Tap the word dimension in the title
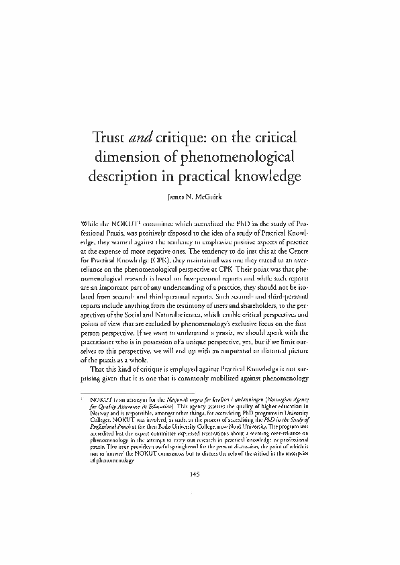(129, 160)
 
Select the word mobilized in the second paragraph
(238, 382)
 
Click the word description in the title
(123, 179)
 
